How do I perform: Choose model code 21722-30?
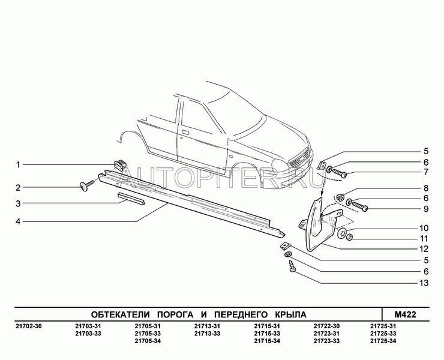pyautogui.click(x=326, y=326)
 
